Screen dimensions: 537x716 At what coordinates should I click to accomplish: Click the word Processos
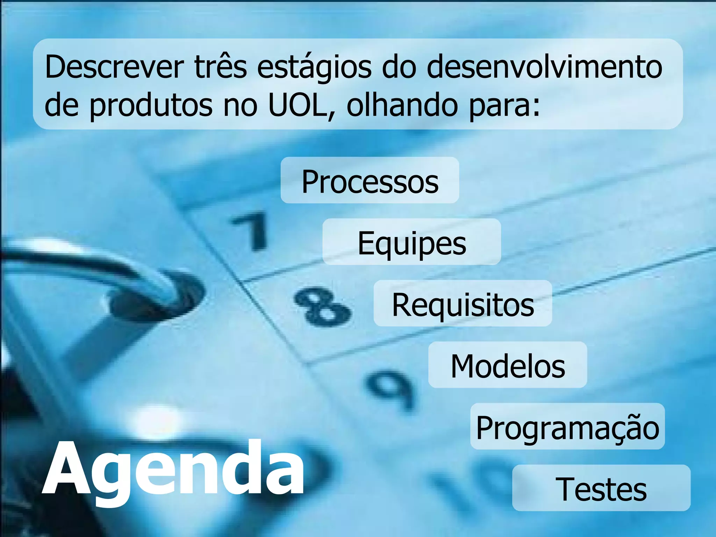point(370,181)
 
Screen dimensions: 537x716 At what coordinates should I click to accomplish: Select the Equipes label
point(411,243)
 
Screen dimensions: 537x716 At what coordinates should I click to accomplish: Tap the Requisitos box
point(463,304)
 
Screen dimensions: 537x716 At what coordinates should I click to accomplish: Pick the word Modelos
point(508,366)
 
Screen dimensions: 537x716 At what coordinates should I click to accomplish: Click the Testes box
point(601,489)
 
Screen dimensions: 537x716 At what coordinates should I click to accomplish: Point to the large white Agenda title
point(173,468)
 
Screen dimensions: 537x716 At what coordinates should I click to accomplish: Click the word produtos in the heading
point(151,106)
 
